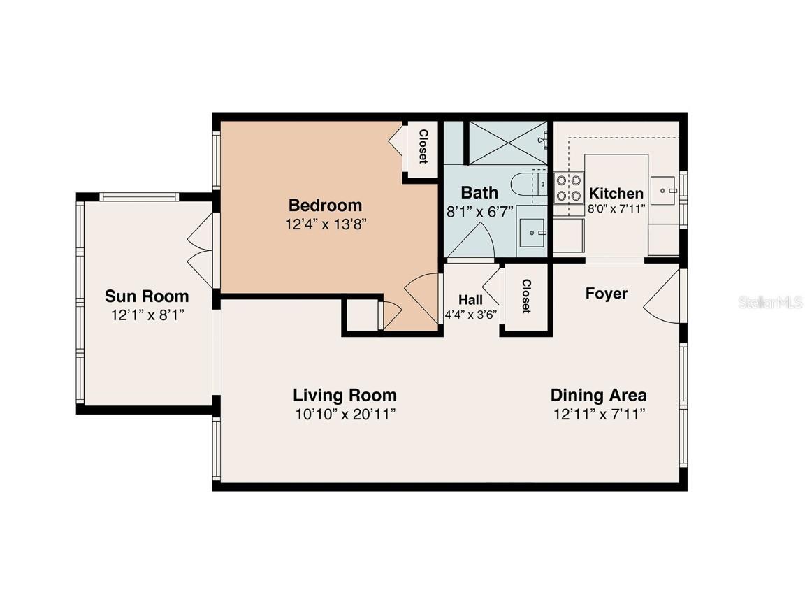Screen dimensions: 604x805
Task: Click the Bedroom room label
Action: point(325,206)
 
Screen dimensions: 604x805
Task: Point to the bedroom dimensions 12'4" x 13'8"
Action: point(325,224)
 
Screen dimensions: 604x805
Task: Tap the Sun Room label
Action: point(147,296)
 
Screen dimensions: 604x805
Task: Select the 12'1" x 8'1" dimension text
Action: point(147,315)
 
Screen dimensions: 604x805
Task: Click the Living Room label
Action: point(345,395)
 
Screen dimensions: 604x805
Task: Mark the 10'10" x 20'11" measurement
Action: point(345,414)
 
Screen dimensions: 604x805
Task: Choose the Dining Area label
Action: point(598,395)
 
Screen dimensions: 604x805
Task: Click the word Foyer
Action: point(606,294)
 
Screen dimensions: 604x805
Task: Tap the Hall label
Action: point(470,300)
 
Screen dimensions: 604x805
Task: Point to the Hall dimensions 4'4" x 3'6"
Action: point(470,315)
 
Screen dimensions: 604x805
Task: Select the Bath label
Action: point(479,192)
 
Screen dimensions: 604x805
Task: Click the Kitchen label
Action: point(616,193)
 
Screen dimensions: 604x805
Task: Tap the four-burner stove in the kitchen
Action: point(569,187)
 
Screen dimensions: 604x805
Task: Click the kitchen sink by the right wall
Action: point(663,189)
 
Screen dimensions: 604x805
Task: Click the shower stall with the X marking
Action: point(508,143)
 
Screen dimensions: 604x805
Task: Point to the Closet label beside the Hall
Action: point(526,296)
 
